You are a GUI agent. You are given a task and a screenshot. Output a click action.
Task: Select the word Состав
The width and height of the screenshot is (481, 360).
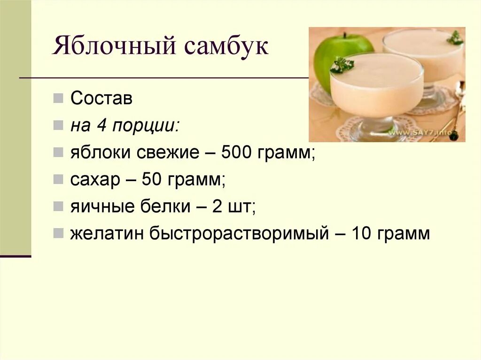[x=101, y=99]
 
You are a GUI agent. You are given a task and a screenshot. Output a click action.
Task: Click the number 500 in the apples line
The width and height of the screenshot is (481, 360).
[x=238, y=153]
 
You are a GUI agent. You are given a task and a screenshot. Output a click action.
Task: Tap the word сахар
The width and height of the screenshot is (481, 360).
[x=95, y=180]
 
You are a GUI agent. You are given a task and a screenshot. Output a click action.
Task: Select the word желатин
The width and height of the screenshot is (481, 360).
[x=108, y=234]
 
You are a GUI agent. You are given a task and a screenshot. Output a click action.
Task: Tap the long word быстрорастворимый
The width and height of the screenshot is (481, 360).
[x=239, y=234]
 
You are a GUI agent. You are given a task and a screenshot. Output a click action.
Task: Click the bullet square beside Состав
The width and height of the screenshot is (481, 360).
[x=58, y=99]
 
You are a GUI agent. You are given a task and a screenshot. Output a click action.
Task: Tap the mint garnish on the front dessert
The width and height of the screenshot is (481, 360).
[x=342, y=64]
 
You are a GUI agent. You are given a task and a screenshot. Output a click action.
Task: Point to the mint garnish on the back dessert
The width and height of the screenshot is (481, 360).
[x=455, y=38]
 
